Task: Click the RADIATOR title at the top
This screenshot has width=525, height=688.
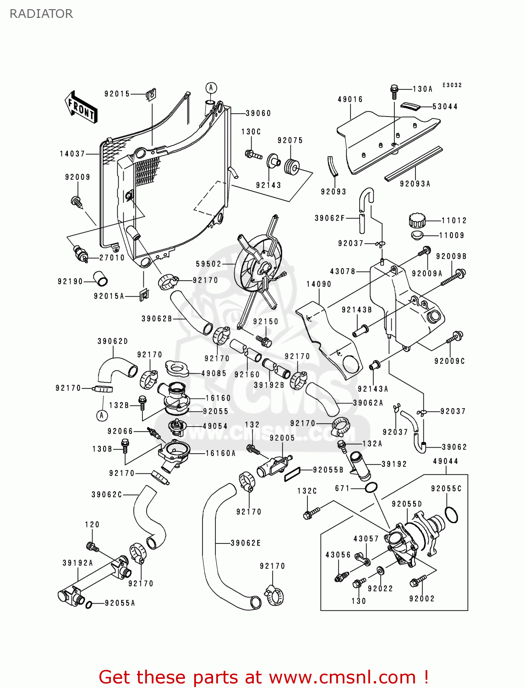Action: point(41,14)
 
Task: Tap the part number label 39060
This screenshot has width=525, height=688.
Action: point(258,113)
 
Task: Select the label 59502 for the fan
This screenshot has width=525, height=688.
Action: point(208,264)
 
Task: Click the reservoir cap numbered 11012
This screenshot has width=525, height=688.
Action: point(417,221)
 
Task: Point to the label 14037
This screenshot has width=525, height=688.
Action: point(72,154)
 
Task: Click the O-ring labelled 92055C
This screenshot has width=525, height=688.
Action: point(451,515)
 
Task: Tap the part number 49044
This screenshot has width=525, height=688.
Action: point(445,461)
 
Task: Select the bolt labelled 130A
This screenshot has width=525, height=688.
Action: point(394,91)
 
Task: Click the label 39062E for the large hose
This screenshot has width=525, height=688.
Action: point(246,543)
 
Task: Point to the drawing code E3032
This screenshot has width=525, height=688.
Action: point(452,85)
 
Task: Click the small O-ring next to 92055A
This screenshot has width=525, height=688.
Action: point(89,605)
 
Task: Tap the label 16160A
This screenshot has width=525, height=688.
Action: point(220,453)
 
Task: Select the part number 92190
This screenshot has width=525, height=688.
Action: point(70,281)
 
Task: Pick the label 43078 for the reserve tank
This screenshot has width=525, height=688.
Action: point(343,271)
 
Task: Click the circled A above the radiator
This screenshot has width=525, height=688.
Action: point(211,88)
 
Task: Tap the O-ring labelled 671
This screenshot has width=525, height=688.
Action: point(371,488)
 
